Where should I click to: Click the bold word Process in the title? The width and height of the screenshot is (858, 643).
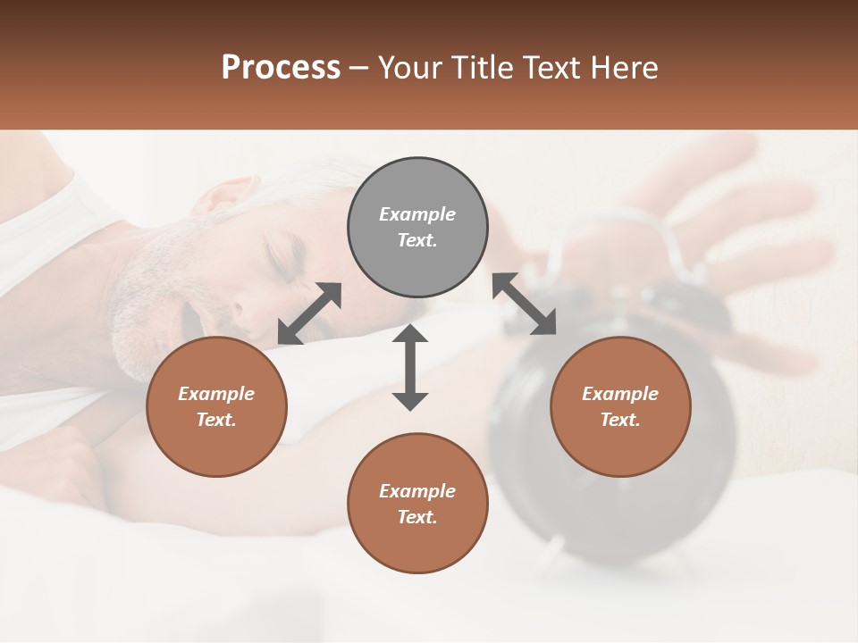click(281, 68)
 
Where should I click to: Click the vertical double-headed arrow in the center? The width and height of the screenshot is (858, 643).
click(410, 367)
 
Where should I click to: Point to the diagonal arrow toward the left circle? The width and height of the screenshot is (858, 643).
click(309, 313)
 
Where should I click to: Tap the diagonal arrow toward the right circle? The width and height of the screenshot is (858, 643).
click(524, 305)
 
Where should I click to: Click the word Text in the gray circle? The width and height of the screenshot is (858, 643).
click(416, 240)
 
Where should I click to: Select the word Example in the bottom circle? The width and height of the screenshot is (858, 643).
click(416, 491)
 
